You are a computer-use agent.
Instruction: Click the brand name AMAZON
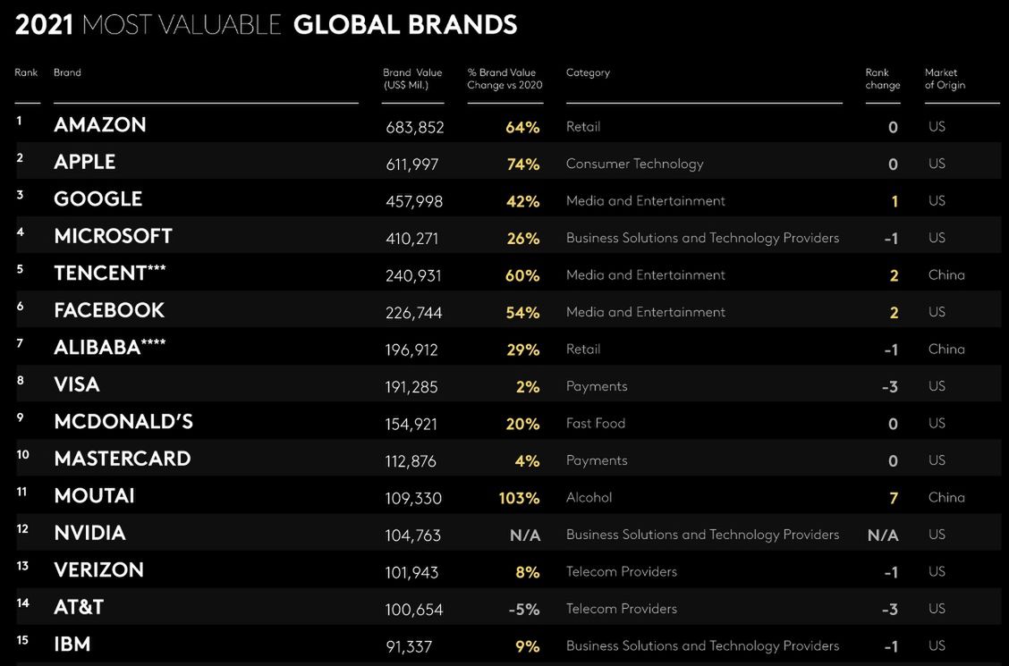point(99,125)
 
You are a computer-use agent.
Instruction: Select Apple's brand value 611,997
point(412,164)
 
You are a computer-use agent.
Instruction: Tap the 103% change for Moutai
point(519,498)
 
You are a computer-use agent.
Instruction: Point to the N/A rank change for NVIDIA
point(882,535)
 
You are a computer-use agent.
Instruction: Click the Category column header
point(588,73)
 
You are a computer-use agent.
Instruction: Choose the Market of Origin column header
point(945,79)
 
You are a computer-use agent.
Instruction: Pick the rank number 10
point(22,455)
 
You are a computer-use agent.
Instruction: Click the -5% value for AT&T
point(523,610)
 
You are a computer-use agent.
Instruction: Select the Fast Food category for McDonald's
point(596,424)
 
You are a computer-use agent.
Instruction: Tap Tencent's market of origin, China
point(946,275)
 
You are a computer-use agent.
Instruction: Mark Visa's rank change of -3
point(890,387)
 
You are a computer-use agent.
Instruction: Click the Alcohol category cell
point(589,498)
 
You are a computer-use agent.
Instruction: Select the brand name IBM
point(72,645)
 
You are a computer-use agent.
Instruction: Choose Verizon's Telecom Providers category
point(622,572)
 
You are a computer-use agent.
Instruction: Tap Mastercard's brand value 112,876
point(412,461)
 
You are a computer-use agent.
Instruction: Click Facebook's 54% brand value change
point(522,313)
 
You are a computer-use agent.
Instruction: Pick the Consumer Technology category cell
point(635,164)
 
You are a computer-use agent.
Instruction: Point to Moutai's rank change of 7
point(893,498)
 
